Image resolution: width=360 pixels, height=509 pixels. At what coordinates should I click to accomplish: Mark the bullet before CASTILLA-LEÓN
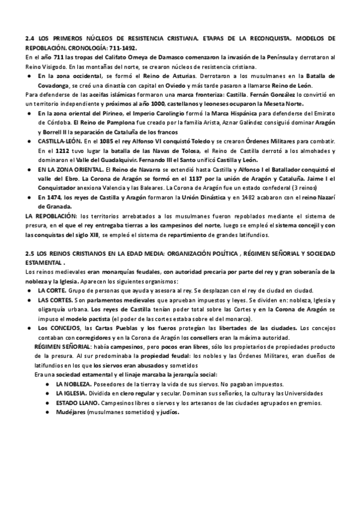pyautogui.click(x=29, y=142)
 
